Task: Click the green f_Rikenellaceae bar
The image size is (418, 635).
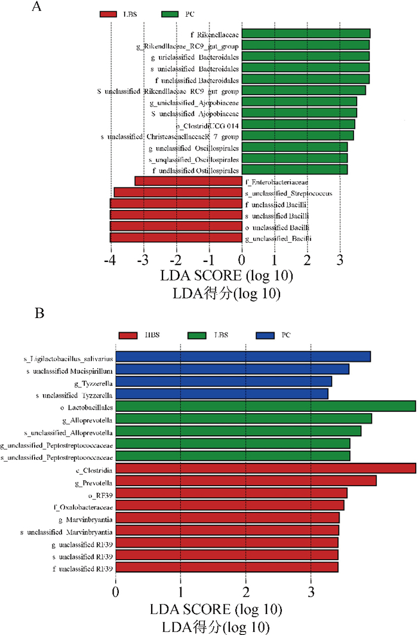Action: pos(306,33)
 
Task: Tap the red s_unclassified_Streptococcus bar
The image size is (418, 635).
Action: pos(177,193)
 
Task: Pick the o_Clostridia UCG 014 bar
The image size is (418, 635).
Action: pos(298,124)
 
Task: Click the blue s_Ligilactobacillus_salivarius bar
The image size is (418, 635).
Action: pos(243,356)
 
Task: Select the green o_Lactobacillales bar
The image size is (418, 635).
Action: pos(265,407)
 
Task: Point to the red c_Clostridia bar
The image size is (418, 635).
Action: pos(265,468)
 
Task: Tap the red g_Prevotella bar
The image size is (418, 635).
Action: pos(245,481)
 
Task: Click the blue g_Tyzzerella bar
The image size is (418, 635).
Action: pos(223,381)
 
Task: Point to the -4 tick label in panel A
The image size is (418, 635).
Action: pos(110,261)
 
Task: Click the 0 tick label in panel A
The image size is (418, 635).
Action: pos(241,261)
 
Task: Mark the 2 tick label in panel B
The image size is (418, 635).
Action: pos(245,593)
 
